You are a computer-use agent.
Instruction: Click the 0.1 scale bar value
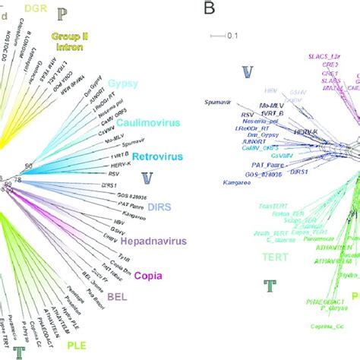[x=235, y=35]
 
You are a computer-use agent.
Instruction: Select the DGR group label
[x=35, y=8]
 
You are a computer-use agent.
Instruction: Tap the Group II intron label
[x=70, y=40]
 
